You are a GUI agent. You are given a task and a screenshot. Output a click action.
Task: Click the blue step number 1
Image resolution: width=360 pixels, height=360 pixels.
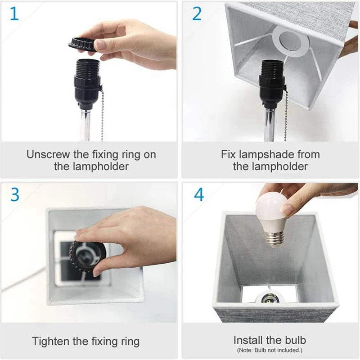coord(14,14)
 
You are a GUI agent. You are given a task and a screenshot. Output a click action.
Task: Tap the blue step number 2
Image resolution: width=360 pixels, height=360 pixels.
coord(197,14)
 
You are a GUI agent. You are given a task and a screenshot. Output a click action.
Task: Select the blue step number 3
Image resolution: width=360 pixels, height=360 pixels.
coord(15,195)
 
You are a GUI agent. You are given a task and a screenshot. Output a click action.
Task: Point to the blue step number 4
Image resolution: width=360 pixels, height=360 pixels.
coord(199,195)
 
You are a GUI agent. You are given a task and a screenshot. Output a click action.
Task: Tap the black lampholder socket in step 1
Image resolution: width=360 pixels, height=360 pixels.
coord(87,84)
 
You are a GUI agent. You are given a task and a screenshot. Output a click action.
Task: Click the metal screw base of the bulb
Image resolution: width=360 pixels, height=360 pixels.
coord(275,239)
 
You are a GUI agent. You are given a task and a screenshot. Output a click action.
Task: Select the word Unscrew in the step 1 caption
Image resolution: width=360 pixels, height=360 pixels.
coord(48,154)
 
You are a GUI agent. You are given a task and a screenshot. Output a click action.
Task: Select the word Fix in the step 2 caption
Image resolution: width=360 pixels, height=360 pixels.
coord(229,154)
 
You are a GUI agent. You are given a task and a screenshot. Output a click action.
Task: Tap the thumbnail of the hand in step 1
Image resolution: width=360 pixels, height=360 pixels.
coord(100,44)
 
